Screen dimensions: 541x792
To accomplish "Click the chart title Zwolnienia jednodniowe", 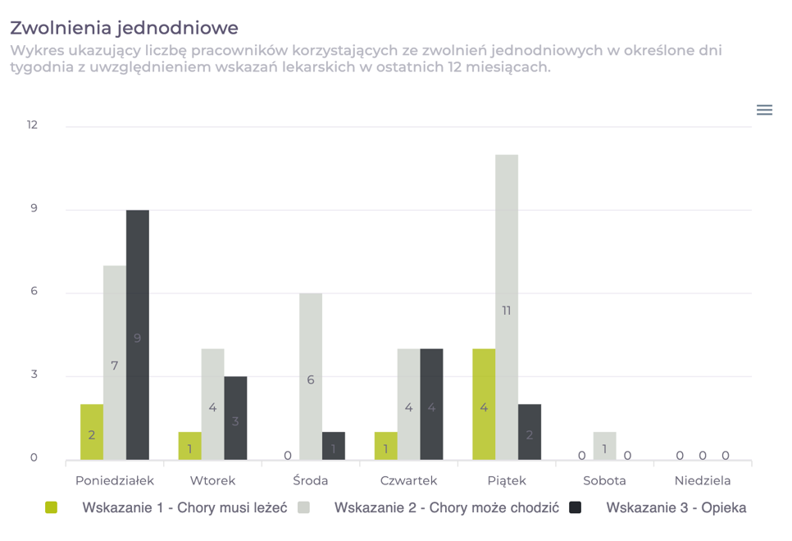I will click(x=124, y=28).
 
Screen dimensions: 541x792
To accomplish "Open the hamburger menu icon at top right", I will click(x=764, y=110).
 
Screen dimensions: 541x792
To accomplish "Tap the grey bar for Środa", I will click(x=311, y=376).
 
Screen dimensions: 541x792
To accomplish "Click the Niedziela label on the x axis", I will click(x=703, y=480).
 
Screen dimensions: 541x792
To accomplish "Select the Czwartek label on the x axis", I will click(x=408, y=480).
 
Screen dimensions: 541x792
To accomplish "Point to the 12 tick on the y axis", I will click(x=32, y=125).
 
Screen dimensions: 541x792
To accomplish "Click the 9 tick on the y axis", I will click(x=34, y=209).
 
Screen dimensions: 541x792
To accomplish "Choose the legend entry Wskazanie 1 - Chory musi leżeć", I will click(x=184, y=507).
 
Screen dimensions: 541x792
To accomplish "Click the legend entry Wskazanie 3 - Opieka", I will click(x=676, y=507).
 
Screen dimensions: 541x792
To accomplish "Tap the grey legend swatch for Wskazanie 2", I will click(x=304, y=507).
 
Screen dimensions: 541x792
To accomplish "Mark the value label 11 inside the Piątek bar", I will click(x=507, y=311).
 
